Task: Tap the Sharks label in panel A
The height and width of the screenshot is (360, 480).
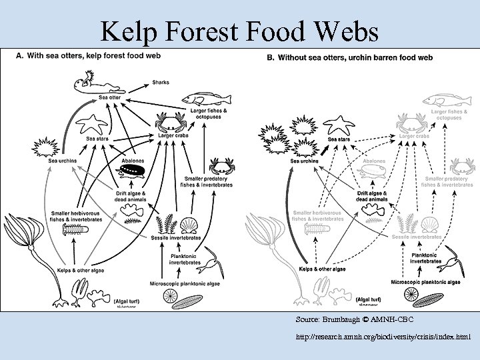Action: click(x=161, y=82)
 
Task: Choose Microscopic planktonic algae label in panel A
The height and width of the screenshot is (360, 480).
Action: click(x=176, y=284)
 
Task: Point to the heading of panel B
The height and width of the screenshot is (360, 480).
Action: click(x=349, y=57)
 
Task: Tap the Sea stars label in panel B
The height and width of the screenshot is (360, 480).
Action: click(x=339, y=139)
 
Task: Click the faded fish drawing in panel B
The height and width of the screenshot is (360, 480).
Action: click(x=444, y=100)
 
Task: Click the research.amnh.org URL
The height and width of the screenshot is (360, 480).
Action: click(x=383, y=337)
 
